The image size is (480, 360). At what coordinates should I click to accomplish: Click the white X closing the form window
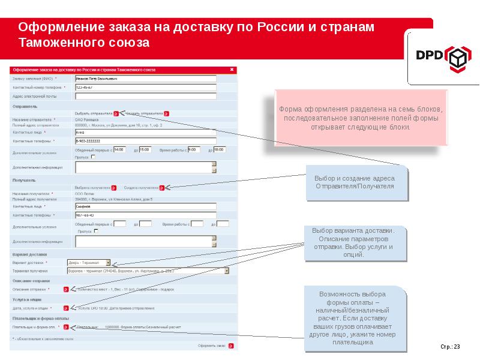(231, 70)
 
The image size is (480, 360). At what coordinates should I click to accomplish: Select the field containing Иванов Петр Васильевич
(145, 79)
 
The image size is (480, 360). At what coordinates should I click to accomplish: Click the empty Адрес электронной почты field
(145, 95)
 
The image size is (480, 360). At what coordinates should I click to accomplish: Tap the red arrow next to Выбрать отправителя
(116, 113)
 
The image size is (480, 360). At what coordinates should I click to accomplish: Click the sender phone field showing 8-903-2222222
(145, 140)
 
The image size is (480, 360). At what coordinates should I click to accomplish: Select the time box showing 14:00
(119, 149)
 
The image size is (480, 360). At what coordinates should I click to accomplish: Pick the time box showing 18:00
(218, 149)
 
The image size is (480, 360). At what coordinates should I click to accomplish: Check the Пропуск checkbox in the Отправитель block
(92, 157)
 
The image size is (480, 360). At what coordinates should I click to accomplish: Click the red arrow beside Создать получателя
(162, 187)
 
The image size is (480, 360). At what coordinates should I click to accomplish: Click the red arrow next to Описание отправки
(66, 289)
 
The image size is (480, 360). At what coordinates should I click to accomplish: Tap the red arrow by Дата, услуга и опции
(66, 308)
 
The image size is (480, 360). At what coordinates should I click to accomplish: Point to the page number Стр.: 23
(450, 347)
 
